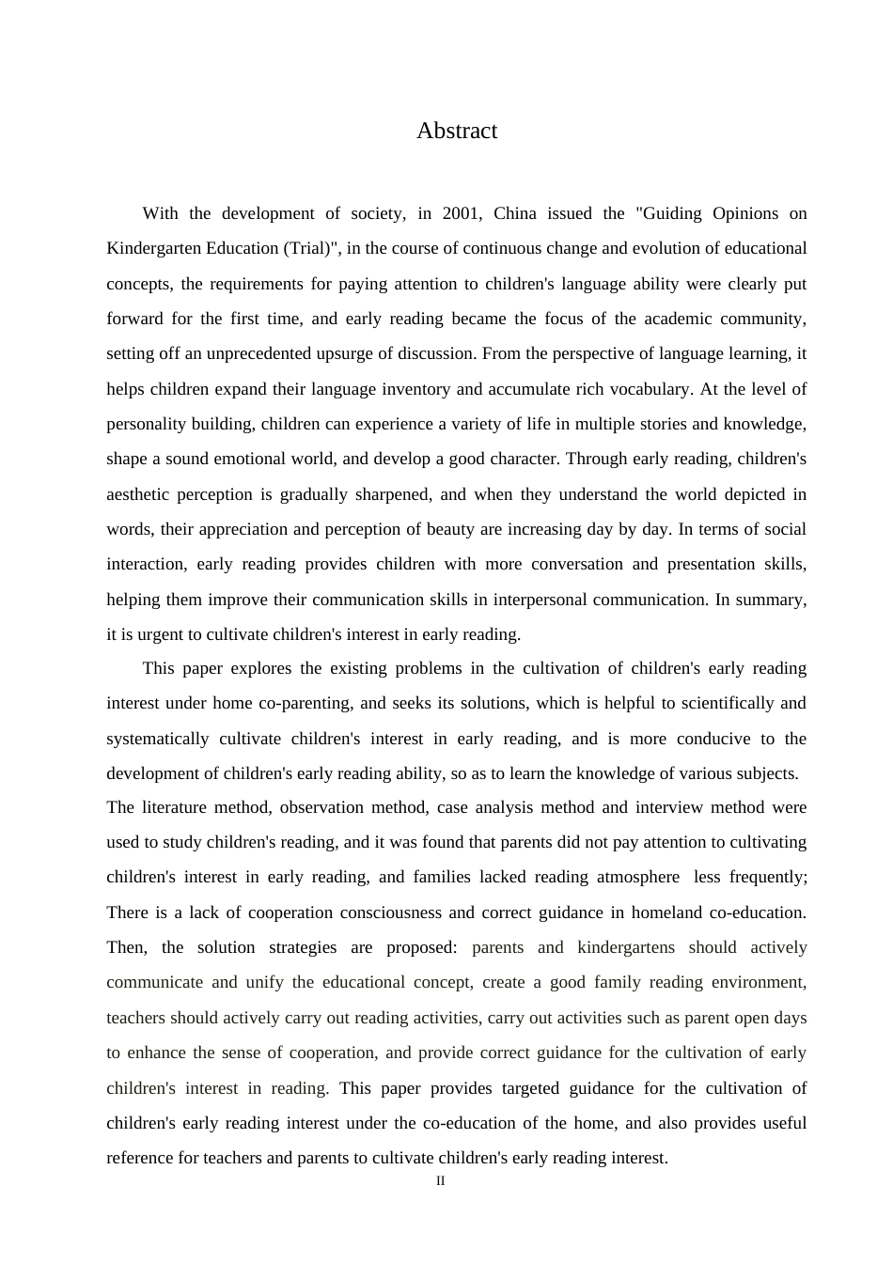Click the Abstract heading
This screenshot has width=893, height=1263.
[457, 131]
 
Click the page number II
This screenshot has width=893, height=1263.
[441, 1181]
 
